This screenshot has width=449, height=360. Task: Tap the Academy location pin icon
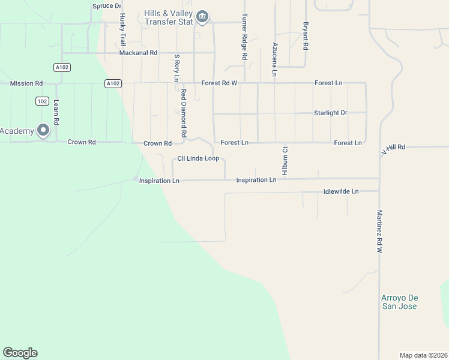pyautogui.click(x=43, y=130)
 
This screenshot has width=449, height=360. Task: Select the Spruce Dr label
pyautogui.click(x=107, y=5)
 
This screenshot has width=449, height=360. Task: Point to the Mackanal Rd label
pyautogui.click(x=138, y=53)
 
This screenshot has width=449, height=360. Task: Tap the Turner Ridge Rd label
pyautogui.click(x=244, y=37)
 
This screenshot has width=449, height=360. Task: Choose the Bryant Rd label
pyautogui.click(x=306, y=36)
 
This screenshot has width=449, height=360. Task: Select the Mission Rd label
pyautogui.click(x=26, y=83)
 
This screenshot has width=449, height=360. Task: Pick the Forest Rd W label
pyautogui.click(x=220, y=83)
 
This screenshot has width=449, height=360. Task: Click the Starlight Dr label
pyautogui.click(x=331, y=113)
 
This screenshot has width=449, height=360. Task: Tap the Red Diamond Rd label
pyautogui.click(x=184, y=113)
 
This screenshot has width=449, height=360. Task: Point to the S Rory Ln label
pyautogui.click(x=176, y=68)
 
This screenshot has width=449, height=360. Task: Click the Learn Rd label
pyautogui.click(x=56, y=112)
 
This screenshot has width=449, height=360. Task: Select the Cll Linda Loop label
pyautogui.click(x=197, y=158)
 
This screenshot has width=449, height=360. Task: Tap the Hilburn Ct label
pyautogui.click(x=286, y=160)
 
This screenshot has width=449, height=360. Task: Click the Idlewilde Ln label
pyautogui.click(x=340, y=191)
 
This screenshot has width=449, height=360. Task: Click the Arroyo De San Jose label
pyautogui.click(x=399, y=302)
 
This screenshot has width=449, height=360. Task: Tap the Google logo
pyautogui.click(x=20, y=353)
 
